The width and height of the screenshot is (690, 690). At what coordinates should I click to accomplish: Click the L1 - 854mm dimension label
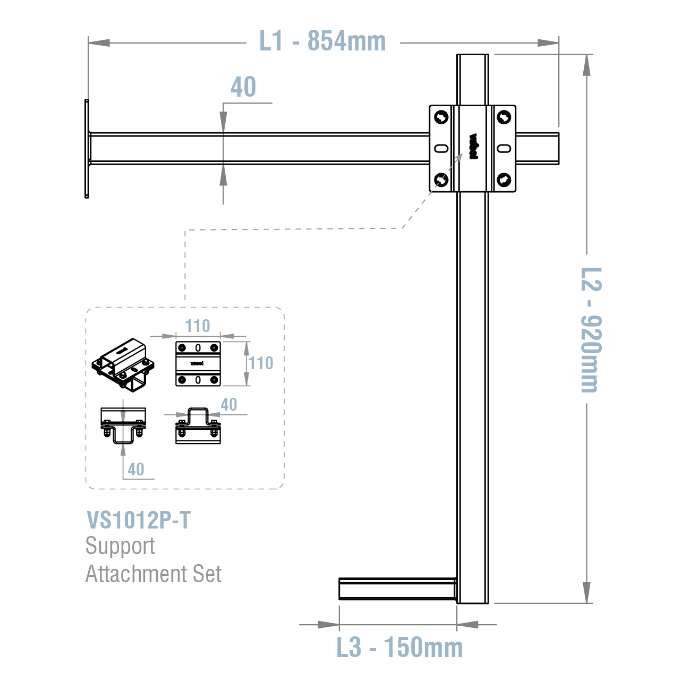coord(322,41)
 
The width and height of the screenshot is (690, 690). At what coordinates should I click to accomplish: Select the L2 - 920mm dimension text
coord(590,329)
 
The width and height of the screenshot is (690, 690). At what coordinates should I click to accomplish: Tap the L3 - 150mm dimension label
coord(399,648)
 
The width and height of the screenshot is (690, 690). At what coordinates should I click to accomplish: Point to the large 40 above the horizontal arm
coord(243,87)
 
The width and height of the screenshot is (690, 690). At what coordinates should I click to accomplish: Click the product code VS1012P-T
coord(138,521)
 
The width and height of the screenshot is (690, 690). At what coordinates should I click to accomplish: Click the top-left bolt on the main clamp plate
coord(441,116)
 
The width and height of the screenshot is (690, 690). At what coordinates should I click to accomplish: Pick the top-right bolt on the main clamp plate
coord(504,116)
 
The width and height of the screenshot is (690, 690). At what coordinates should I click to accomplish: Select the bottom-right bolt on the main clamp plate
coord(504,180)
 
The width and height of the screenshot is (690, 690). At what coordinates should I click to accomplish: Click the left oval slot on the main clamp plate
coord(441,148)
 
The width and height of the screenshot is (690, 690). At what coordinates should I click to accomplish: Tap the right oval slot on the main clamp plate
coord(504,148)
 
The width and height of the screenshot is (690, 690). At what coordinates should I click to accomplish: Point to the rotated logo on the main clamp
coord(473,147)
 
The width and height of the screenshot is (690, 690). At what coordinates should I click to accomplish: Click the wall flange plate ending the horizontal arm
coord(87,148)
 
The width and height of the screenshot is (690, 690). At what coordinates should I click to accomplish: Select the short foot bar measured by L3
coord(397,589)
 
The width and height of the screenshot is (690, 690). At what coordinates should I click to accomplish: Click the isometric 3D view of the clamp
coord(124,365)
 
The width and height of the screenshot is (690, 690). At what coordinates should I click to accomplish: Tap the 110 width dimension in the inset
coord(198,326)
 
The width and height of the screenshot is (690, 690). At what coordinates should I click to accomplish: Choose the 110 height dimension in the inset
coord(261,363)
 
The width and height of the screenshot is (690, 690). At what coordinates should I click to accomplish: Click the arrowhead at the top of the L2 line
coord(586,64)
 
